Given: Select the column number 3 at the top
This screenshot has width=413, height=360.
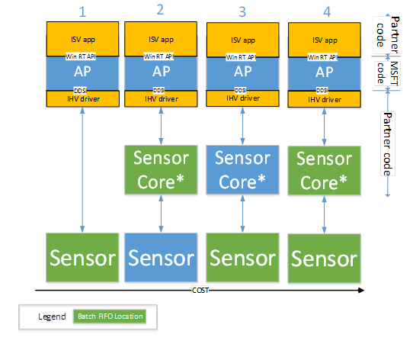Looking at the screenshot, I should [x=242, y=11].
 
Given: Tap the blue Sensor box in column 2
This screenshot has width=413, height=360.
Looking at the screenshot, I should [x=161, y=257].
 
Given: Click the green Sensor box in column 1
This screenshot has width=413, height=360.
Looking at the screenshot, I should [x=82, y=257].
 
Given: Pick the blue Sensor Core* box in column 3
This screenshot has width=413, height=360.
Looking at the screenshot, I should [x=242, y=169].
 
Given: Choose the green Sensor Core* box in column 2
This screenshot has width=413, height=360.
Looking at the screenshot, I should [x=161, y=170].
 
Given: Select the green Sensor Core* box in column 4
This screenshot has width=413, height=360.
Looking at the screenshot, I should [x=323, y=171].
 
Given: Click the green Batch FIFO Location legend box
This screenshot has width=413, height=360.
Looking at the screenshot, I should [x=109, y=317].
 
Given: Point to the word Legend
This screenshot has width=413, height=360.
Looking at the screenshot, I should [x=50, y=317].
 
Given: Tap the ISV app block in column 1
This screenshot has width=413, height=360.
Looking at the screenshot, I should [x=82, y=39].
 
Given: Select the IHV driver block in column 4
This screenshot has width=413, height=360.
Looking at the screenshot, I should [x=323, y=99].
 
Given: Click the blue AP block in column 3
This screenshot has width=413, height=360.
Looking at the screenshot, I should [x=242, y=72].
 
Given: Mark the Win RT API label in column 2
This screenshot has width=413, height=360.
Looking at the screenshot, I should [x=161, y=55].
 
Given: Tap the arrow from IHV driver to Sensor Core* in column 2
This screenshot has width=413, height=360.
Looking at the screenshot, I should [x=161, y=125].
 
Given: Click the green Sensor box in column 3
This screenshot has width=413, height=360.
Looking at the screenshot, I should [x=242, y=257].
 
